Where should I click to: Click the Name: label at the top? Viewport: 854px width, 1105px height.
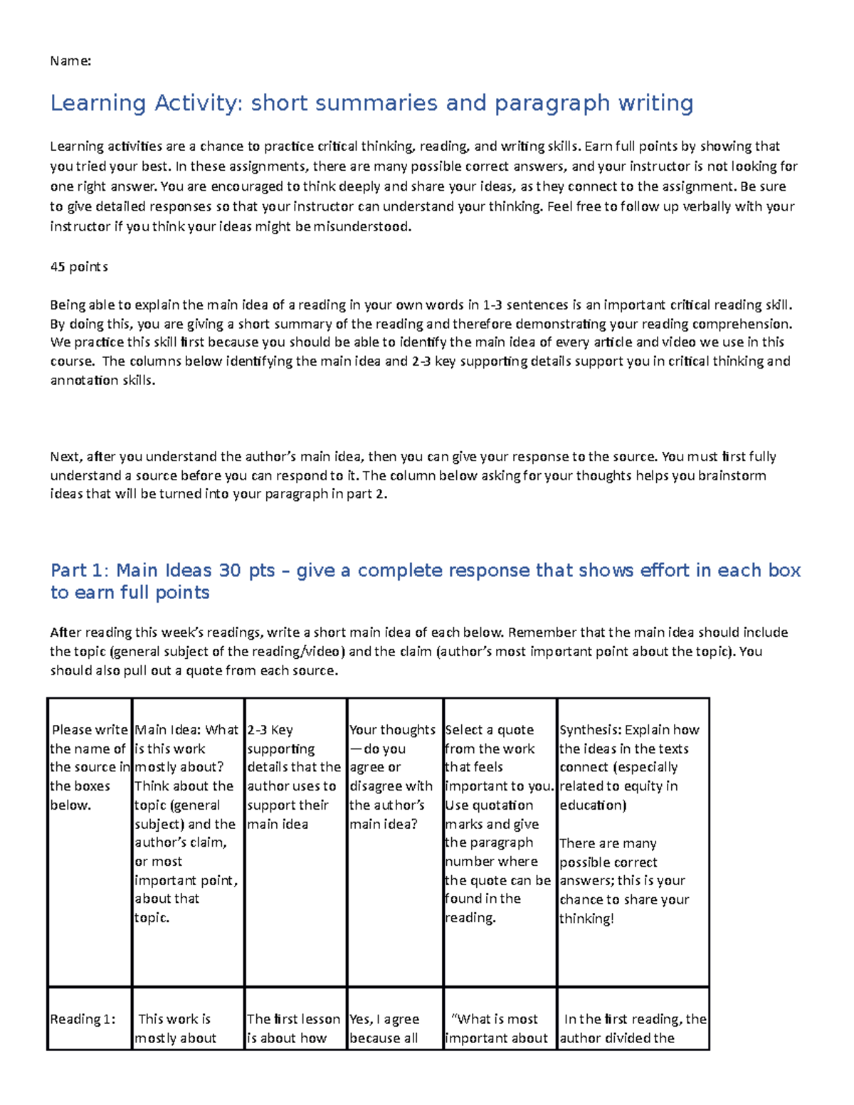pos(70,61)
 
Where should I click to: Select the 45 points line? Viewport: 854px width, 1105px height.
pos(79,267)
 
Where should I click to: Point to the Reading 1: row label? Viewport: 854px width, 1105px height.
pos(83,1019)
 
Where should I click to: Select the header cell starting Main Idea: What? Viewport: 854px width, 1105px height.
pos(186,823)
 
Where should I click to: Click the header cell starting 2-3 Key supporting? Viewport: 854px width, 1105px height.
pos(294,776)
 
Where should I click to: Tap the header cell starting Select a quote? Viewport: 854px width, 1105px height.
pos(498,823)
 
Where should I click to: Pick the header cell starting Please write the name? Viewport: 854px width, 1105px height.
pos(89,767)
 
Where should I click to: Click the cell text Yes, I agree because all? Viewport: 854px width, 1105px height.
pos(384,1028)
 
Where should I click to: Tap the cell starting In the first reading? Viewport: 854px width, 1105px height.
pos(633,1028)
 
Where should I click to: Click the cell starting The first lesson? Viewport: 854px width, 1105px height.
pos(293,1028)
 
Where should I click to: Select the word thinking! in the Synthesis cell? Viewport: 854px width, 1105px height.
pos(586,919)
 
